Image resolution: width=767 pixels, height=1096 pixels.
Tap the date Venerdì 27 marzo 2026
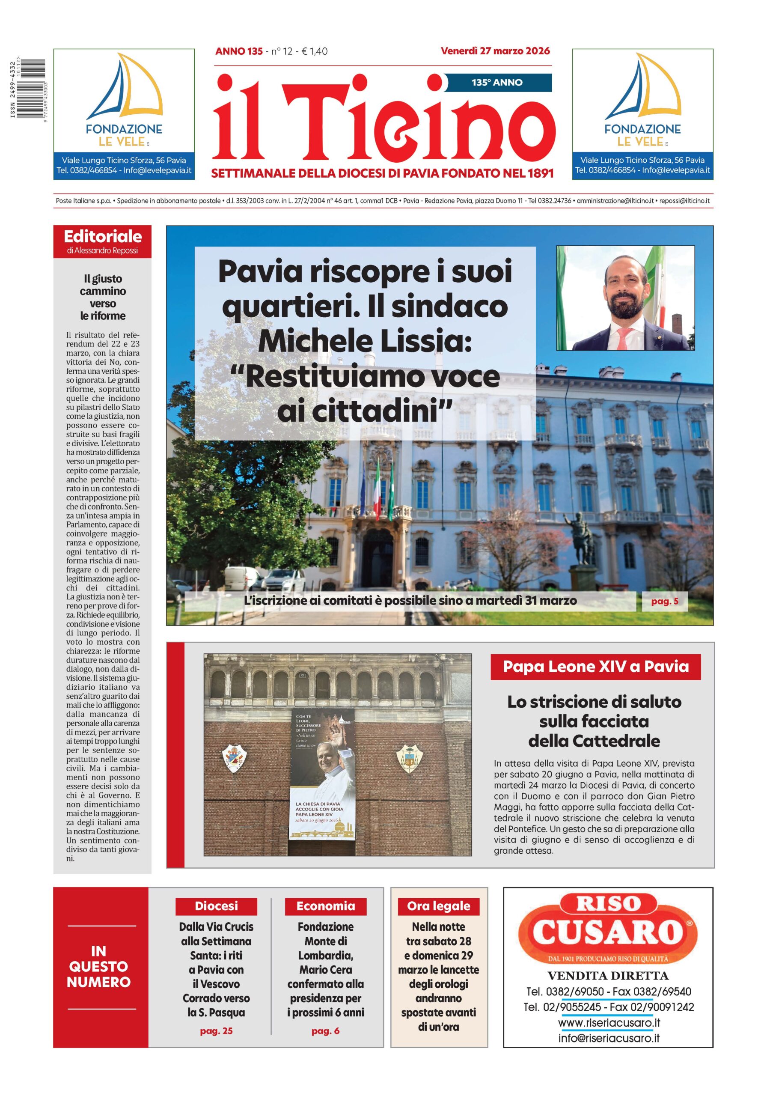pyautogui.click(x=495, y=51)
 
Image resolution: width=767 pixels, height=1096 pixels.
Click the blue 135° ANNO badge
pyautogui.click(x=498, y=82)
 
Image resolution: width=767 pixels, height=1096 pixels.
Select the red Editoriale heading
pyautogui.click(x=103, y=236)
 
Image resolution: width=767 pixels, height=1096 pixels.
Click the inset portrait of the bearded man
pyautogui.click(x=625, y=298)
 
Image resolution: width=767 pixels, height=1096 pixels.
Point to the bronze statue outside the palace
pyautogui.click(x=577, y=537)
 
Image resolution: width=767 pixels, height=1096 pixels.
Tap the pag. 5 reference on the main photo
pyautogui.click(x=664, y=601)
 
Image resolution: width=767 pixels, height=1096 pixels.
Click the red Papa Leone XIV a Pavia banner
pyautogui.click(x=595, y=667)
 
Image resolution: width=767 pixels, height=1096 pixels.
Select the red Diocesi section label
pyautogui.click(x=216, y=906)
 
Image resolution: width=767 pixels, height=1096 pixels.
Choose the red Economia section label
pyautogui.click(x=326, y=906)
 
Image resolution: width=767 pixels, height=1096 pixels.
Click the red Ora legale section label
pyautogui.click(x=438, y=906)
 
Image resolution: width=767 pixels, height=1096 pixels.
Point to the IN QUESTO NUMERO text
pyautogui.click(x=98, y=966)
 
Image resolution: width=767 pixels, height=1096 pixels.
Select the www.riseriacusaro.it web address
pyautogui.click(x=609, y=1023)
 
